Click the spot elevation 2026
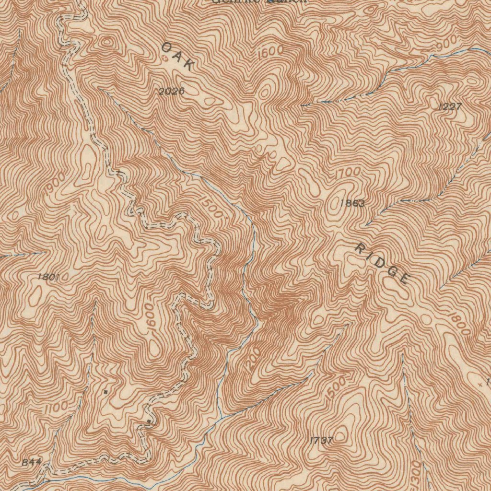pos(172,91)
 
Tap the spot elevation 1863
pos(352,203)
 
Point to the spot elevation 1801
pos(48,277)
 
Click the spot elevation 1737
pos(321,440)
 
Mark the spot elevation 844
pos(32,463)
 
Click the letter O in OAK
pos(167,47)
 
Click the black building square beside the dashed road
pos(150,421)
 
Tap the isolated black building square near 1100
pos(105,392)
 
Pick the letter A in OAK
pos(177,56)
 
